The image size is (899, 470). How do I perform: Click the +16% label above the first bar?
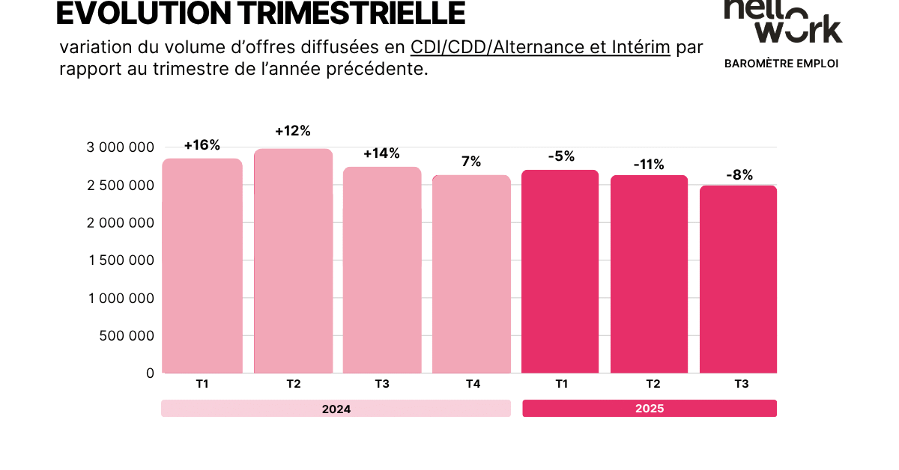pyautogui.click(x=202, y=145)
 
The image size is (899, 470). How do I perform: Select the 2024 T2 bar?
pyautogui.click(x=293, y=262)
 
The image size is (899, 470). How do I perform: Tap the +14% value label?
pyautogui.click(x=381, y=153)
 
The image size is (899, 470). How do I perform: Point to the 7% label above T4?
pyautogui.click(x=471, y=162)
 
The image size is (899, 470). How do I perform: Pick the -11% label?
pyautogui.click(x=649, y=165)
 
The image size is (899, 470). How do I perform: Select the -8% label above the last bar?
pyautogui.click(x=739, y=175)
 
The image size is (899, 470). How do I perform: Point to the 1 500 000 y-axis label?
pyautogui.click(x=120, y=260)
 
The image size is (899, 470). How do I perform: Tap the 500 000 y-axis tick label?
pyautogui.click(x=127, y=335)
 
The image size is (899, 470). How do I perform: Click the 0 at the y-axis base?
pyautogui.click(x=150, y=373)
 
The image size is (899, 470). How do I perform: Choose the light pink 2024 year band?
pyautogui.click(x=336, y=409)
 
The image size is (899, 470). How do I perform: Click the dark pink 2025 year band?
pyautogui.click(x=650, y=409)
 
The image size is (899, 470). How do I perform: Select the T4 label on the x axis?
pyautogui.click(x=473, y=384)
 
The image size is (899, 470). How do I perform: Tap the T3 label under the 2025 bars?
pyautogui.click(x=741, y=384)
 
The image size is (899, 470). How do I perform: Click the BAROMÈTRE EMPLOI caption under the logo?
pyautogui.click(x=781, y=64)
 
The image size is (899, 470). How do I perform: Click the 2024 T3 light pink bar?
pyautogui.click(x=382, y=270)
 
